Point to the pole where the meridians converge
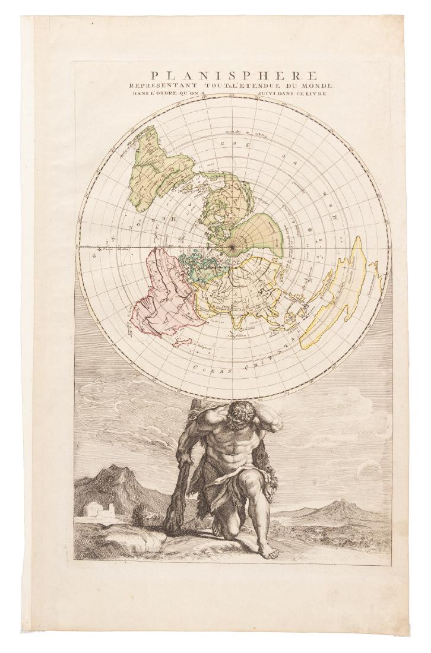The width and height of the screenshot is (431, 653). point(230,245)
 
